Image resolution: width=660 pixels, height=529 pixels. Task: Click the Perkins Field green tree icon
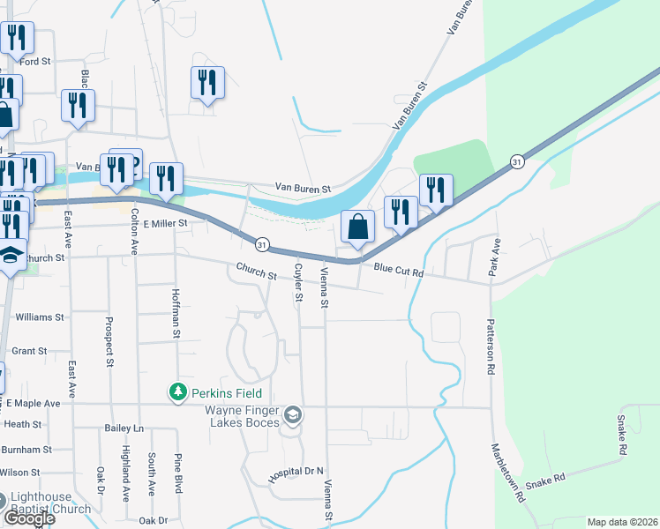click(178, 391)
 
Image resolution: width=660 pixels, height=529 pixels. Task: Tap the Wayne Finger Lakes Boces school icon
click(293, 414)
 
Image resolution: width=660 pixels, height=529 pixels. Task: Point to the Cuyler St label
click(298, 283)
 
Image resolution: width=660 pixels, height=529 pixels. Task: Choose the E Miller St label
click(167, 224)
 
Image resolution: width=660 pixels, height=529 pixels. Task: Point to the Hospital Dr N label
click(297, 473)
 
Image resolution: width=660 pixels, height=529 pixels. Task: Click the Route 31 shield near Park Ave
click(517, 161)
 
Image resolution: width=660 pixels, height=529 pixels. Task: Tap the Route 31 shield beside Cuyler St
click(262, 242)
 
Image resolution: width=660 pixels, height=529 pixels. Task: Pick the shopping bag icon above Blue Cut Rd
click(357, 227)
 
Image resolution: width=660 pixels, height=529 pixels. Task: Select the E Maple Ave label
click(33, 403)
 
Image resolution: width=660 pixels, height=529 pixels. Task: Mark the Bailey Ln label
click(124, 428)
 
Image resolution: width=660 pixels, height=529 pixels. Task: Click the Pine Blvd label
click(178, 474)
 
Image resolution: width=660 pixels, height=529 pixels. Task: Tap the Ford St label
click(36, 62)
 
